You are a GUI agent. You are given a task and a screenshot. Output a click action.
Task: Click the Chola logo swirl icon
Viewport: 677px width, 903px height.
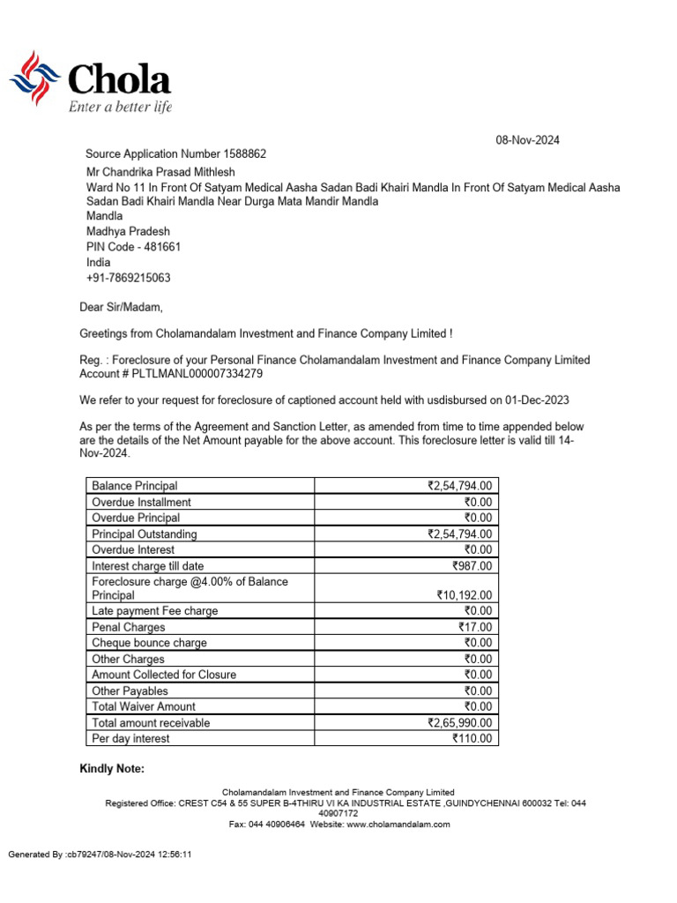tap(34, 78)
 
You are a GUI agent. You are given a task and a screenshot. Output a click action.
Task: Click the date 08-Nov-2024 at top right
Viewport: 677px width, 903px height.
tap(527, 140)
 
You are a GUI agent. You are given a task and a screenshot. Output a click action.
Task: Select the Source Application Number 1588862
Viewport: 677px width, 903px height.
tap(175, 154)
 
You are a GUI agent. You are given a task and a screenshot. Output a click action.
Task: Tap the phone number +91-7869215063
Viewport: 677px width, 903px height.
tap(128, 278)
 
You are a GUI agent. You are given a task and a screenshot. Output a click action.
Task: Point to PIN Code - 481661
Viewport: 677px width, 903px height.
tap(133, 247)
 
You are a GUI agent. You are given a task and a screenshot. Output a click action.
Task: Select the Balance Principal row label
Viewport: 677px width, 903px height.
tap(135, 486)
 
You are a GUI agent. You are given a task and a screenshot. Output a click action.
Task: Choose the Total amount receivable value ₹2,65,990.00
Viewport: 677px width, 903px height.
tap(459, 723)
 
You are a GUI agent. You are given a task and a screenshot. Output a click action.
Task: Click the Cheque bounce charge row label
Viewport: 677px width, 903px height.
tap(149, 643)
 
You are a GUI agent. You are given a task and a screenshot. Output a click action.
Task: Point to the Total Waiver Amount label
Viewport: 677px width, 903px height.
tap(144, 706)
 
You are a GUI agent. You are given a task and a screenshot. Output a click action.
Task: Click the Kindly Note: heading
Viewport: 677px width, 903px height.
tap(112, 770)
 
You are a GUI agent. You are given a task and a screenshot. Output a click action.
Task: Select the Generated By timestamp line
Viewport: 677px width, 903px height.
tap(100, 854)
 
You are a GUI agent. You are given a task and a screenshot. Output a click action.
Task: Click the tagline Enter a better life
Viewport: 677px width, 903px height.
tap(120, 108)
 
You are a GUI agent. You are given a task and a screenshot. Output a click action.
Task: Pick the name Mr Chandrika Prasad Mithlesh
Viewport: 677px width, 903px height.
tap(160, 172)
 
